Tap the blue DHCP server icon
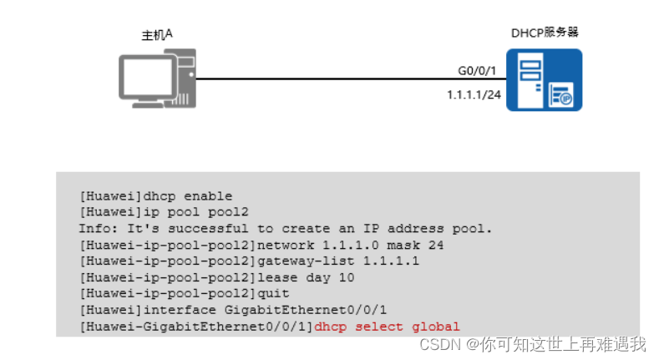coord(547,79)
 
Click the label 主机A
coord(157,35)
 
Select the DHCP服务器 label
coord(545,33)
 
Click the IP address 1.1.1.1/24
coord(474,95)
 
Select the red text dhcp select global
coord(387,327)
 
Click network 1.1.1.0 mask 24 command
coord(350,245)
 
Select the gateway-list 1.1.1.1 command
coord(338,261)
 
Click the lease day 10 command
coord(301,277)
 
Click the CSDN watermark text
coord(435,344)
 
